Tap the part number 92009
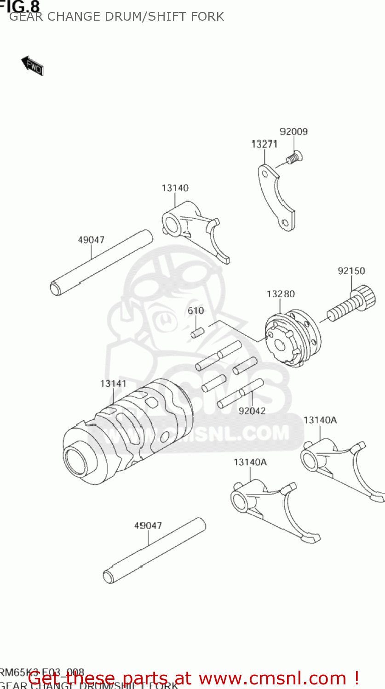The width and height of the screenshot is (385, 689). [x=293, y=132]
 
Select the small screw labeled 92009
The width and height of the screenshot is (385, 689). [x=293, y=158]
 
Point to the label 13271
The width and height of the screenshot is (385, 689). [x=264, y=144]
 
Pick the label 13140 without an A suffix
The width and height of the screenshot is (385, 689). [x=175, y=188]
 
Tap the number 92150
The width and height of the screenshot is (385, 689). [x=351, y=271]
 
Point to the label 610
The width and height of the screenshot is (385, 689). [x=195, y=311]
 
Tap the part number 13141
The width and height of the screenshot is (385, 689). [x=113, y=383]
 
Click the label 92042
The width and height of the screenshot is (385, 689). [x=252, y=411]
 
